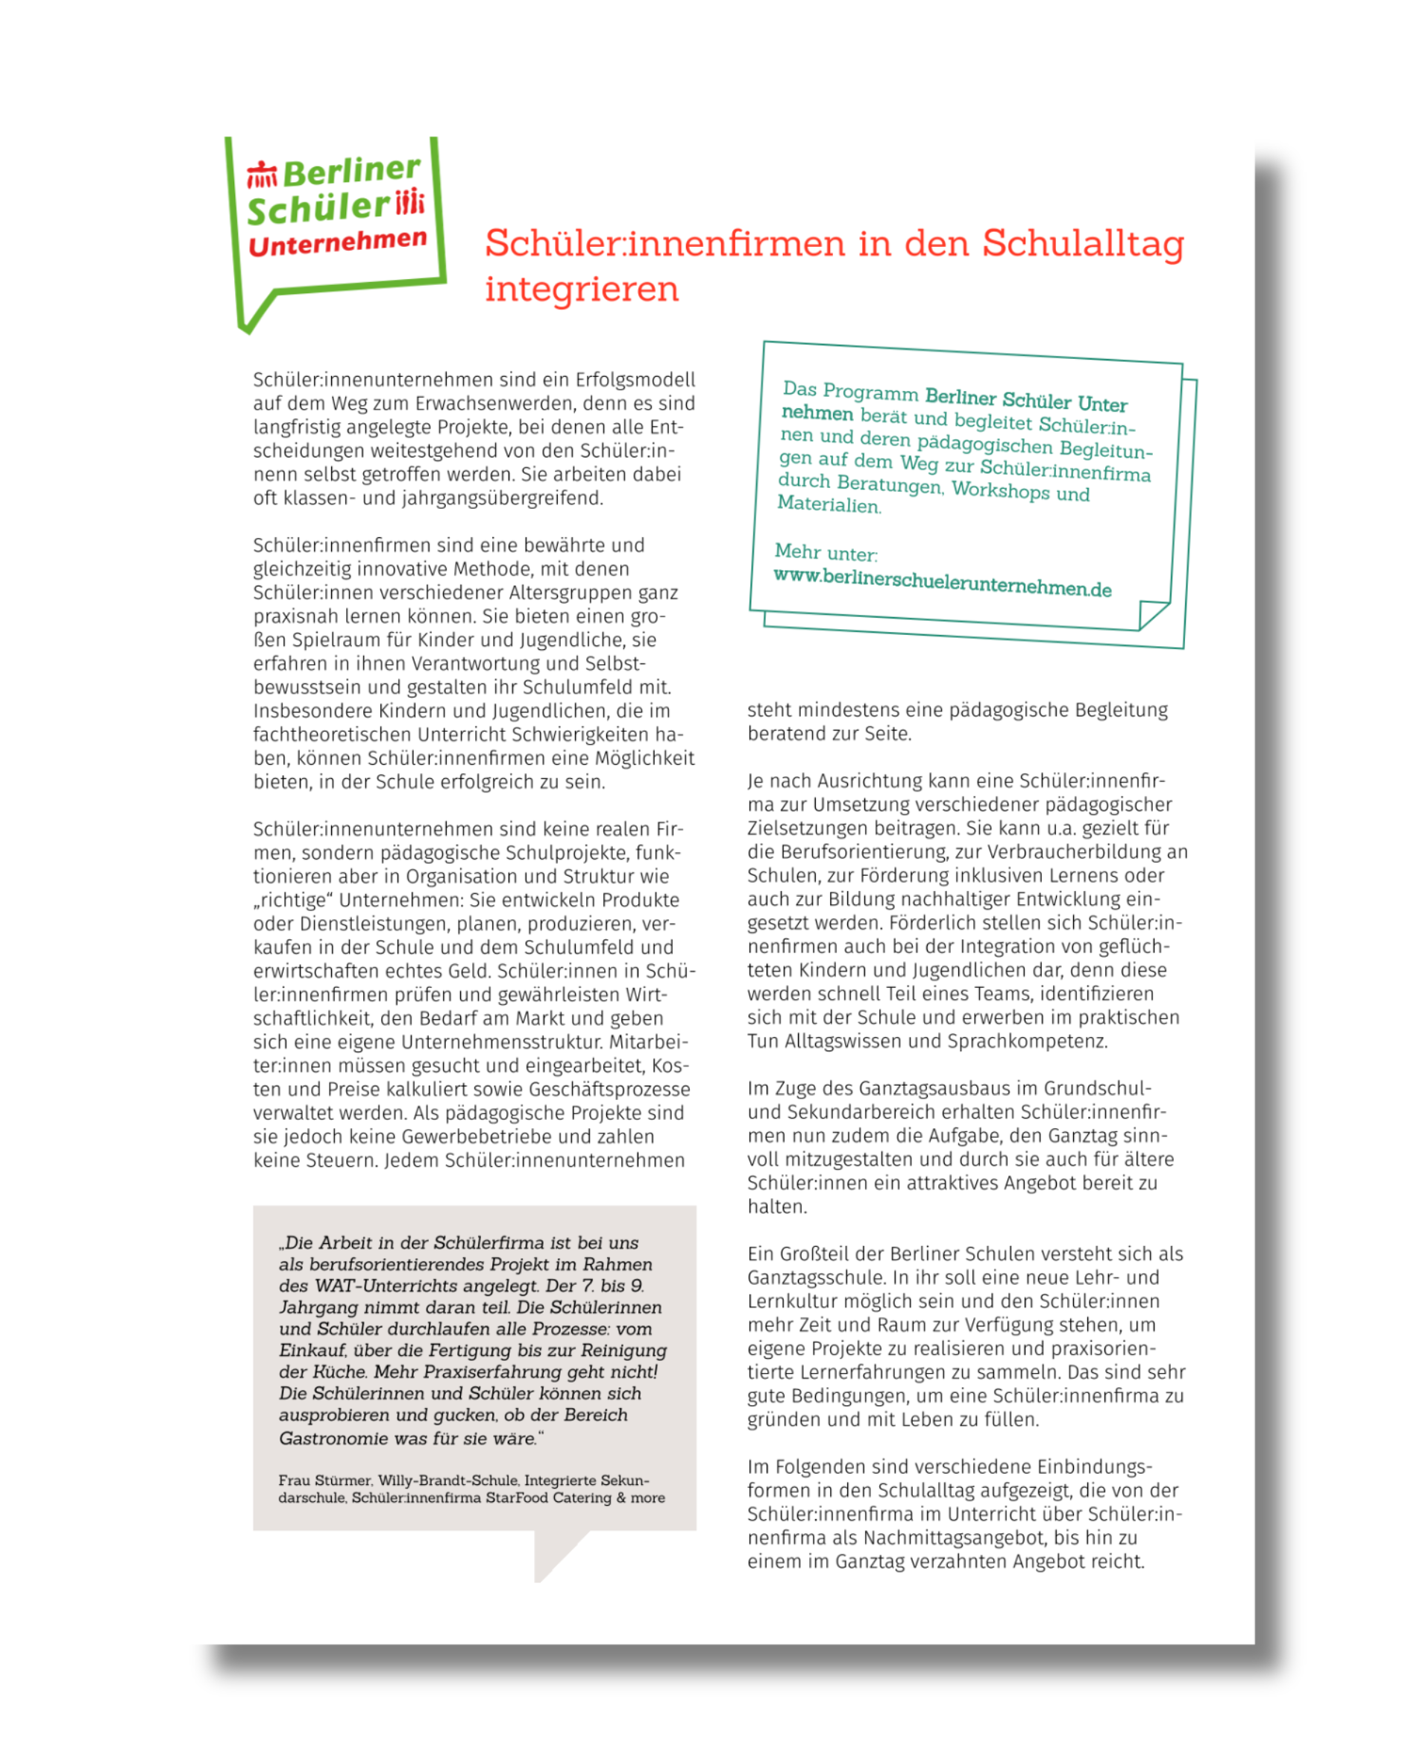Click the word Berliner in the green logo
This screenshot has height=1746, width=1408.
tap(351, 171)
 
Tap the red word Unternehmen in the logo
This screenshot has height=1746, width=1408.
tap(337, 242)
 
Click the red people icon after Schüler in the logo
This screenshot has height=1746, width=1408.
tap(410, 201)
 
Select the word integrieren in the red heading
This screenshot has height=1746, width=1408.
tap(582, 289)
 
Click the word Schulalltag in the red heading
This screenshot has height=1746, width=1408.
tap(1083, 243)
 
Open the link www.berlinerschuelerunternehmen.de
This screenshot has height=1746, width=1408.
tap(942, 583)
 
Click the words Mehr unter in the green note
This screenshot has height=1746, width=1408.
tap(826, 552)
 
